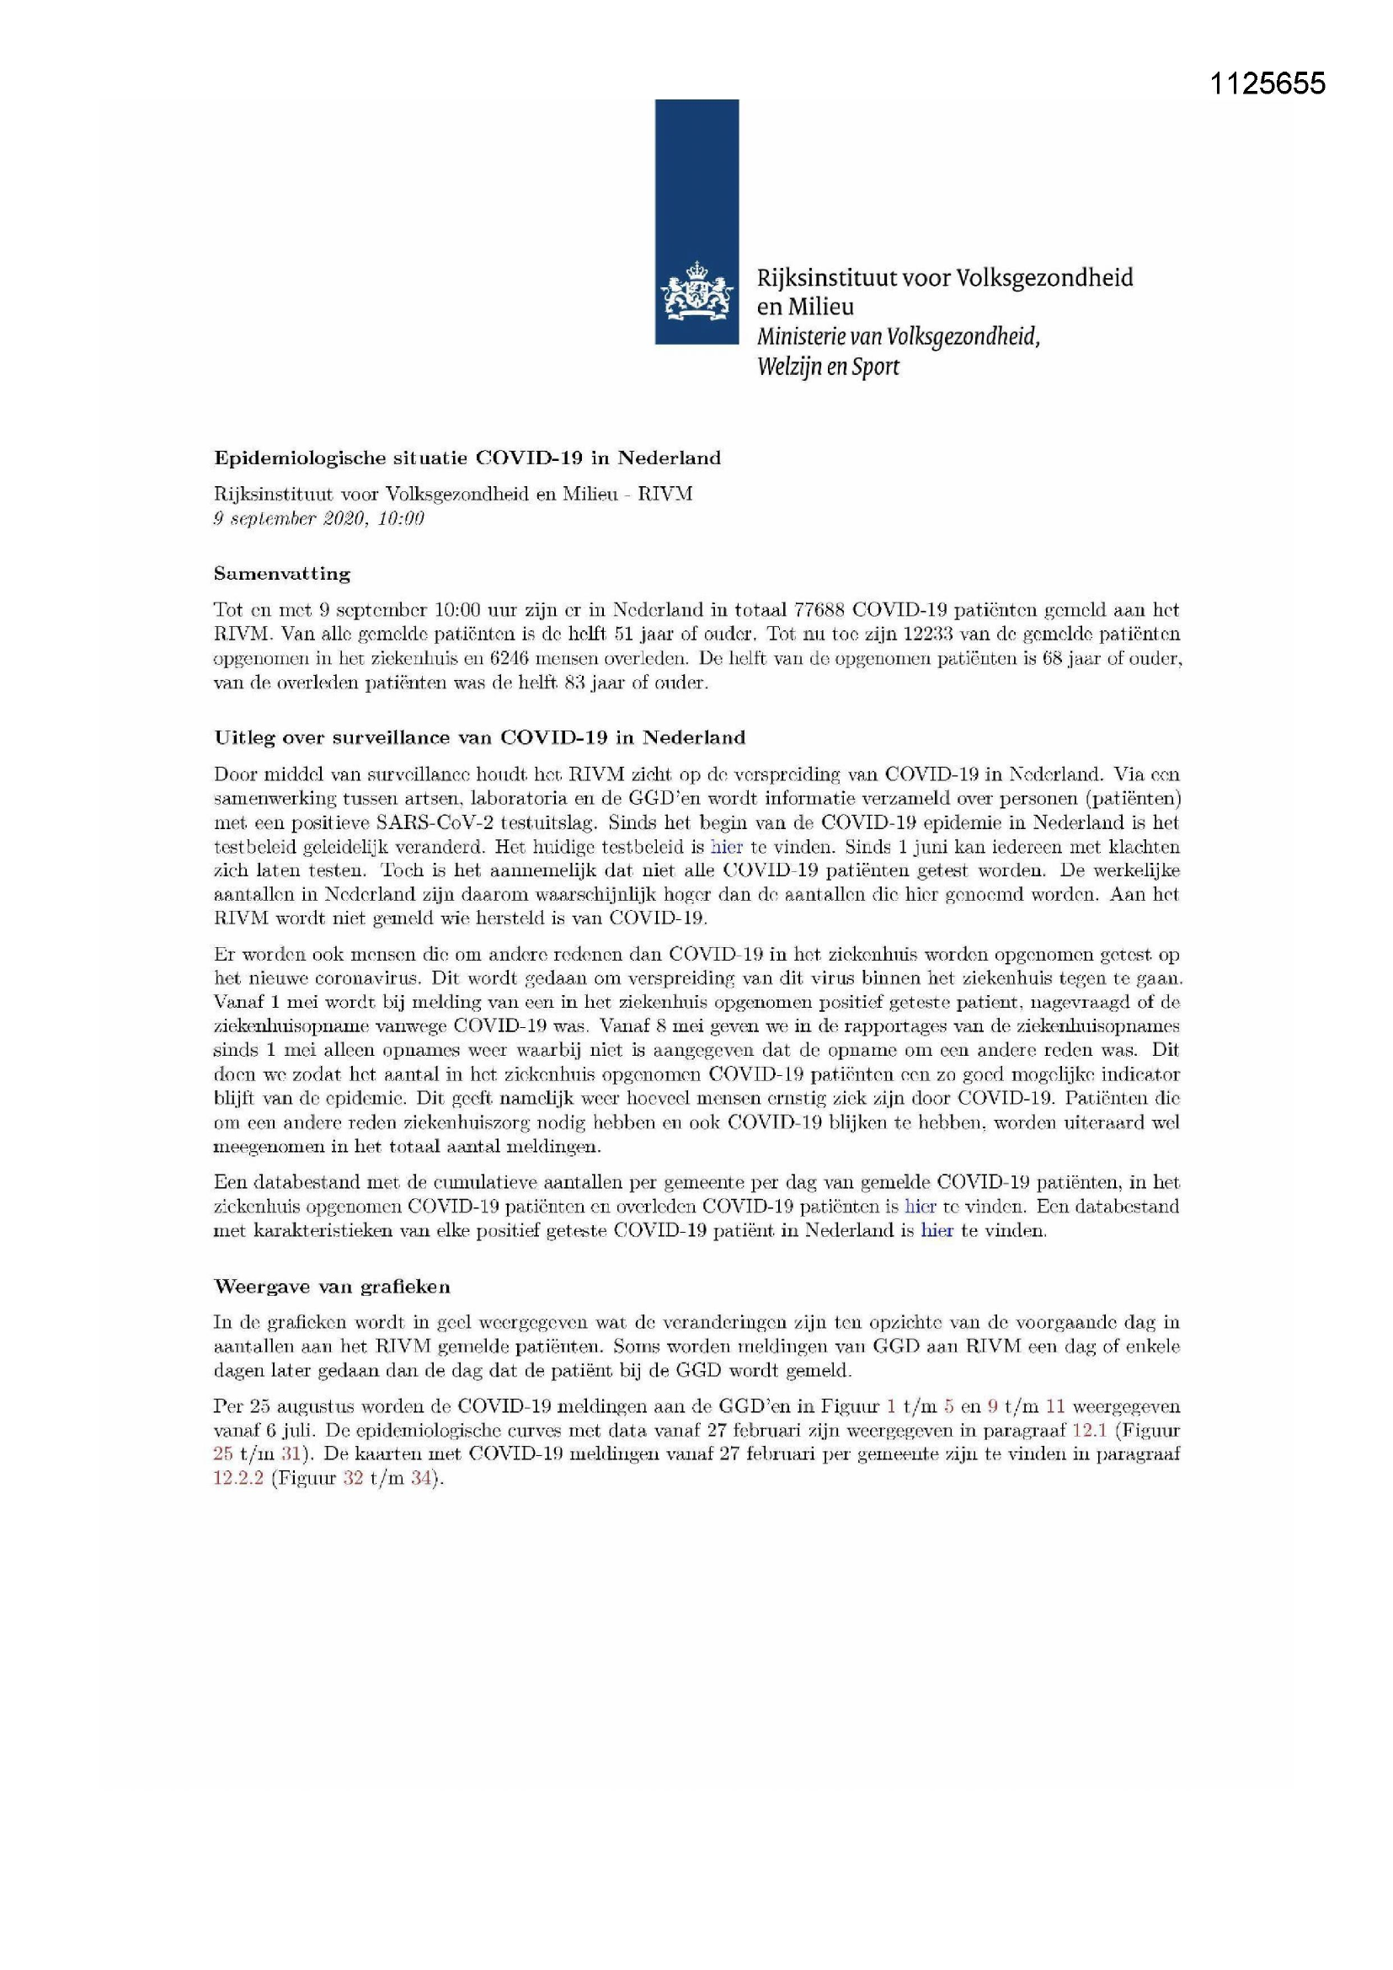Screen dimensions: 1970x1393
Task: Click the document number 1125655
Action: (x=1267, y=84)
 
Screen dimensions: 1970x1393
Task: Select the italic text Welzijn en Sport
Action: (x=828, y=367)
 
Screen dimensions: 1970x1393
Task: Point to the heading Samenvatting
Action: (x=282, y=573)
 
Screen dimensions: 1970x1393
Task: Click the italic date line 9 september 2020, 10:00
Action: (x=318, y=518)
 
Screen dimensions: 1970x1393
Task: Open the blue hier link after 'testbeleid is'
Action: (x=727, y=846)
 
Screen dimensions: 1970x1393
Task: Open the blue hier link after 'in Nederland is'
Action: (x=937, y=1230)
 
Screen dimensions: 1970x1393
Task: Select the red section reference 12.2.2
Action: (x=238, y=1479)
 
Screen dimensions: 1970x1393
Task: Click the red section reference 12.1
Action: (x=1089, y=1430)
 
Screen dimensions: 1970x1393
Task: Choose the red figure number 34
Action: (x=419, y=1479)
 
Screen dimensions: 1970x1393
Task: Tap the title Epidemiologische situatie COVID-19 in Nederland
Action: (x=467, y=458)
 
